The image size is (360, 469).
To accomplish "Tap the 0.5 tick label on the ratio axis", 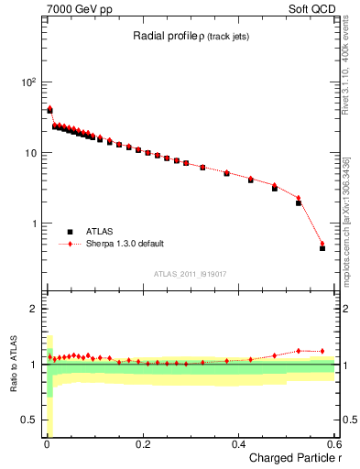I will pyautogui.click(x=29, y=420).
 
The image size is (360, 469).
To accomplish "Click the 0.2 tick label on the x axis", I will pyautogui.click(x=143, y=444).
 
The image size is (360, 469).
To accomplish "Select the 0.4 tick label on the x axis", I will pyautogui.click(x=239, y=444).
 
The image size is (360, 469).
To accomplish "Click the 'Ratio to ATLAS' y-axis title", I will pyautogui.click(x=12, y=365).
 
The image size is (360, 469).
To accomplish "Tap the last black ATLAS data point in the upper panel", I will pyautogui.click(x=322, y=248).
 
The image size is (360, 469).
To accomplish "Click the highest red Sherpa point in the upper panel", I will pyautogui.click(x=49, y=109).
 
